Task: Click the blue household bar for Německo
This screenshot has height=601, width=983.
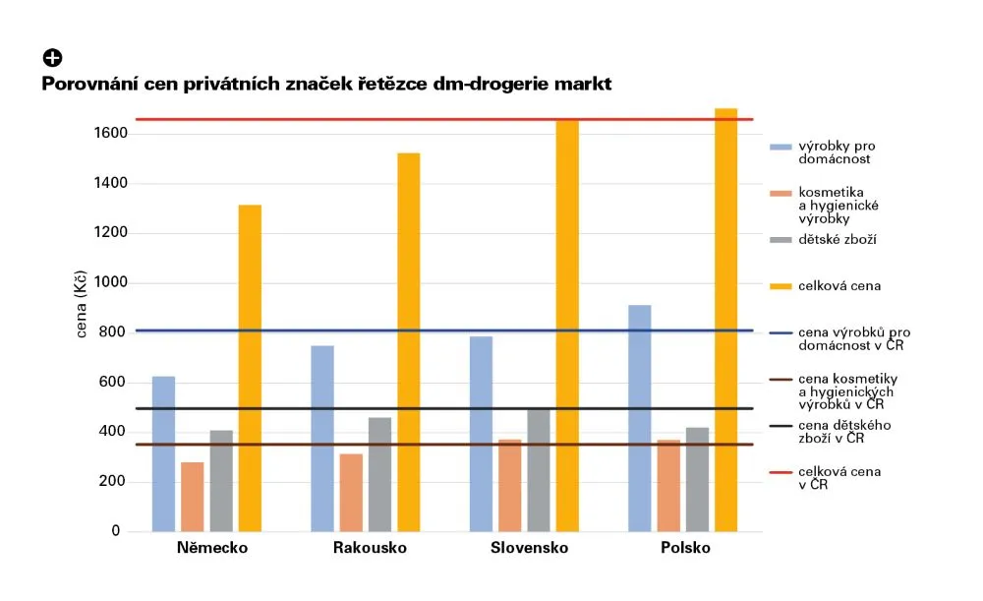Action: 164,453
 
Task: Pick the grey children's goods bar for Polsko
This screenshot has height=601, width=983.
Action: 697,479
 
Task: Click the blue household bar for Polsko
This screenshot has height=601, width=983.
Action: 639,418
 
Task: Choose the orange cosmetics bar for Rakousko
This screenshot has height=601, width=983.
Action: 351,492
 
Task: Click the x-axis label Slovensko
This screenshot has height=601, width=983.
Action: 529,548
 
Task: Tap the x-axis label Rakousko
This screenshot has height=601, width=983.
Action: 370,548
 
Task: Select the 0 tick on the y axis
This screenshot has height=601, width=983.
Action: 115,531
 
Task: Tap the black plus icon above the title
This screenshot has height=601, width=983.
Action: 51,58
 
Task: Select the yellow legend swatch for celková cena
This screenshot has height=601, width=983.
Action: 781,286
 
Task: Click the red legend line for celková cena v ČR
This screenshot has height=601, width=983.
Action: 781,472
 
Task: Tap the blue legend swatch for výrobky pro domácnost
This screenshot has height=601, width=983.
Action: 781,147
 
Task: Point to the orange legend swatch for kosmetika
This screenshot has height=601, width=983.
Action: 781,193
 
